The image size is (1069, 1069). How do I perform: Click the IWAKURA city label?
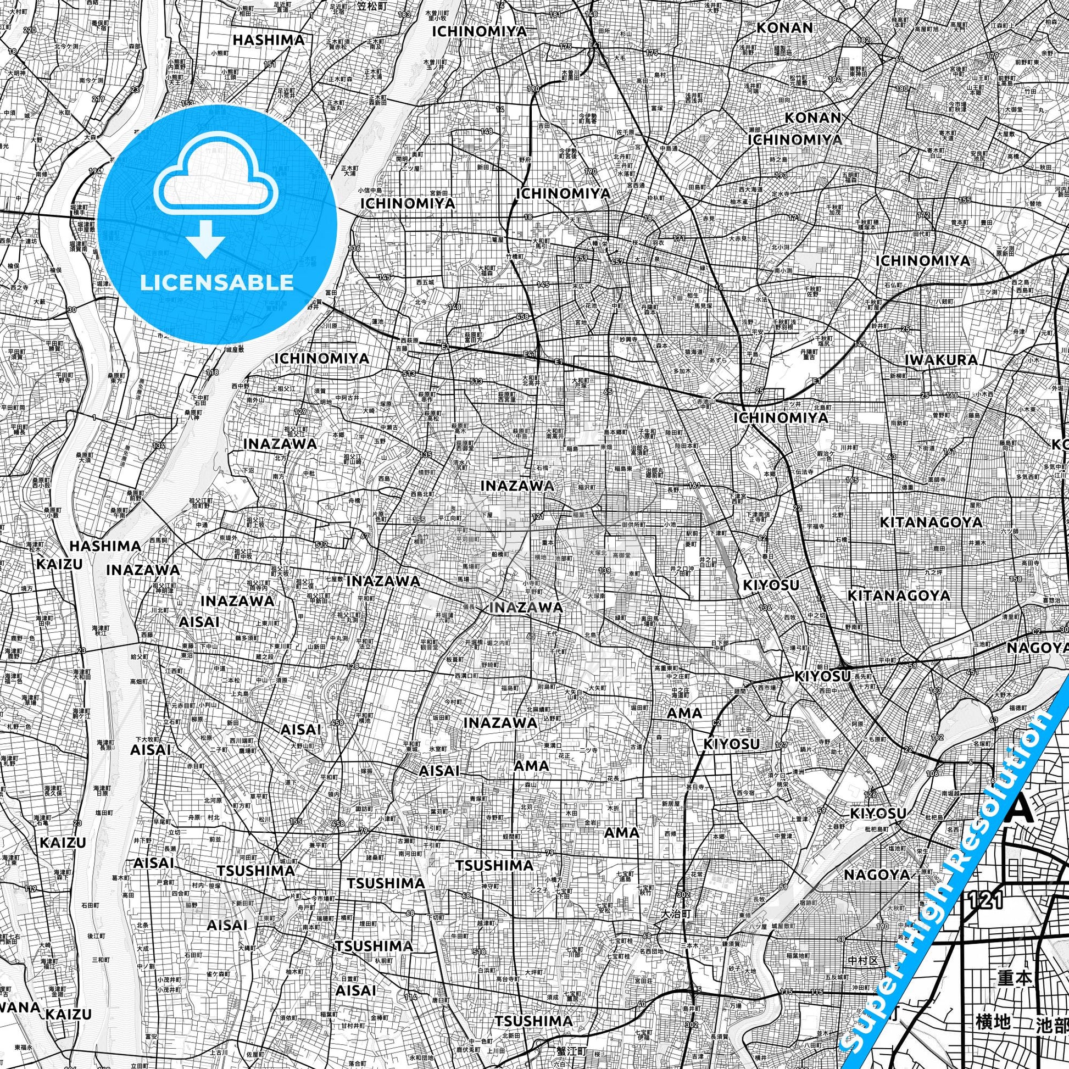click(x=941, y=360)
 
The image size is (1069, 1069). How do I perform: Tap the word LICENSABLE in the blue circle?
click(x=217, y=282)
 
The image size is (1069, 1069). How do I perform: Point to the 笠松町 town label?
click(x=370, y=7)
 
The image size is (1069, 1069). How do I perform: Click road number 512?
click(x=322, y=544)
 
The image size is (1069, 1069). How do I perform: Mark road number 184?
click(x=834, y=80)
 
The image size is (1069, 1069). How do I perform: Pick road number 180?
click(x=903, y=88)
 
